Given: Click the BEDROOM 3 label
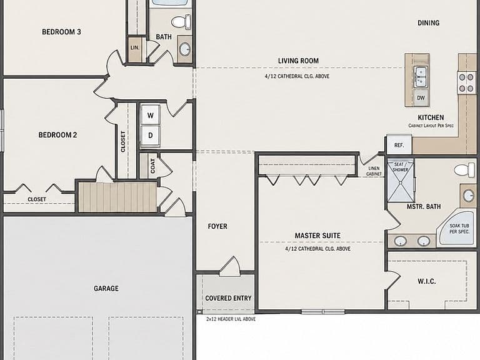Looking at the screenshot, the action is [x=61, y=32].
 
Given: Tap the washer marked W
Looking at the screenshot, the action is [x=150, y=115].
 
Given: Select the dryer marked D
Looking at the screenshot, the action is [x=150, y=135].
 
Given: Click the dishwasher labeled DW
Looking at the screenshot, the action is [x=421, y=97].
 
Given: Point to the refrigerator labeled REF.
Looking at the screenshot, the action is [x=399, y=144].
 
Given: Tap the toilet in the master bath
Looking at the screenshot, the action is [x=464, y=170].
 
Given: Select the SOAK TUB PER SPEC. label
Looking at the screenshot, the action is [x=459, y=229].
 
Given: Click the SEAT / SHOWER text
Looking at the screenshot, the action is [x=401, y=167].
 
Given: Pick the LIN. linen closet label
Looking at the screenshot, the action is [x=135, y=47].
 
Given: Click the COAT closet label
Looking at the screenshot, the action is [x=152, y=166].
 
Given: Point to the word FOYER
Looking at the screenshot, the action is [x=217, y=226].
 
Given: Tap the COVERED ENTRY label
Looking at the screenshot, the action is [x=228, y=298].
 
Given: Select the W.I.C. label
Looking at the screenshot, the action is [x=426, y=281].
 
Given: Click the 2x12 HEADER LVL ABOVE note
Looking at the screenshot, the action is [x=231, y=319].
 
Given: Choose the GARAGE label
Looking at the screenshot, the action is [x=106, y=288].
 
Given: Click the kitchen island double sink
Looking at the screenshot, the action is [x=421, y=77].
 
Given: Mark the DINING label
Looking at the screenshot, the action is [x=428, y=22].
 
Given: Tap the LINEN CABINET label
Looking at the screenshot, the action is [x=374, y=171].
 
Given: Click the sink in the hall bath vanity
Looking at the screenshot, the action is [x=184, y=49].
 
